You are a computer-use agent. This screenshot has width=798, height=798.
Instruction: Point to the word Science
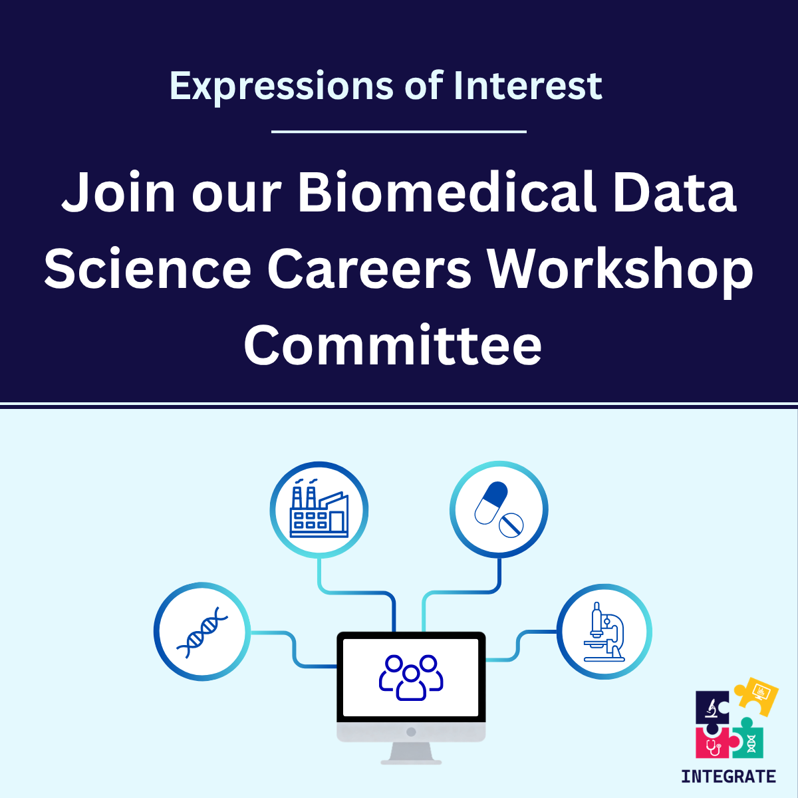[x=148, y=269]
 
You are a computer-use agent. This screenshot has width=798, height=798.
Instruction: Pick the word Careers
[x=370, y=269]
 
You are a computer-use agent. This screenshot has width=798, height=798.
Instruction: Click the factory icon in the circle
[x=319, y=510]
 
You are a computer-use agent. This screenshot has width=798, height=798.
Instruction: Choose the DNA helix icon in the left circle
[x=202, y=632]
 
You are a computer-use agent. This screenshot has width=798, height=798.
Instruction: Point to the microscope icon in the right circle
[x=604, y=632]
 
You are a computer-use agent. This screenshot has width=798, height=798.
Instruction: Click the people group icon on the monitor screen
[x=411, y=678]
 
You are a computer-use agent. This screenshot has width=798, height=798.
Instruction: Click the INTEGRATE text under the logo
[x=728, y=776]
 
